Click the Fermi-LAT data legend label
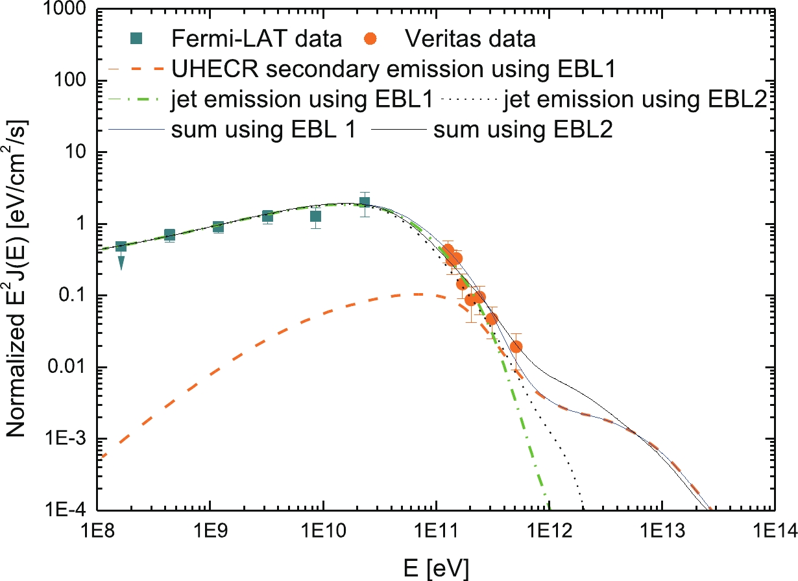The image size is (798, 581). coord(256,39)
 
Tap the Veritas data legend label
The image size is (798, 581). coord(470,39)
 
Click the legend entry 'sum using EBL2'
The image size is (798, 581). coord(523,130)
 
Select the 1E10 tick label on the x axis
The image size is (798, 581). coord(322,530)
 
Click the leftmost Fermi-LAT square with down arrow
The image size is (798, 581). coord(121,247)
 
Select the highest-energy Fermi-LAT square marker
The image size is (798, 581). coord(365,202)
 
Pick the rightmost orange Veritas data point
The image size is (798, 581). coord(516,347)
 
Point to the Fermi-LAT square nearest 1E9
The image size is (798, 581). coord(218,226)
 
